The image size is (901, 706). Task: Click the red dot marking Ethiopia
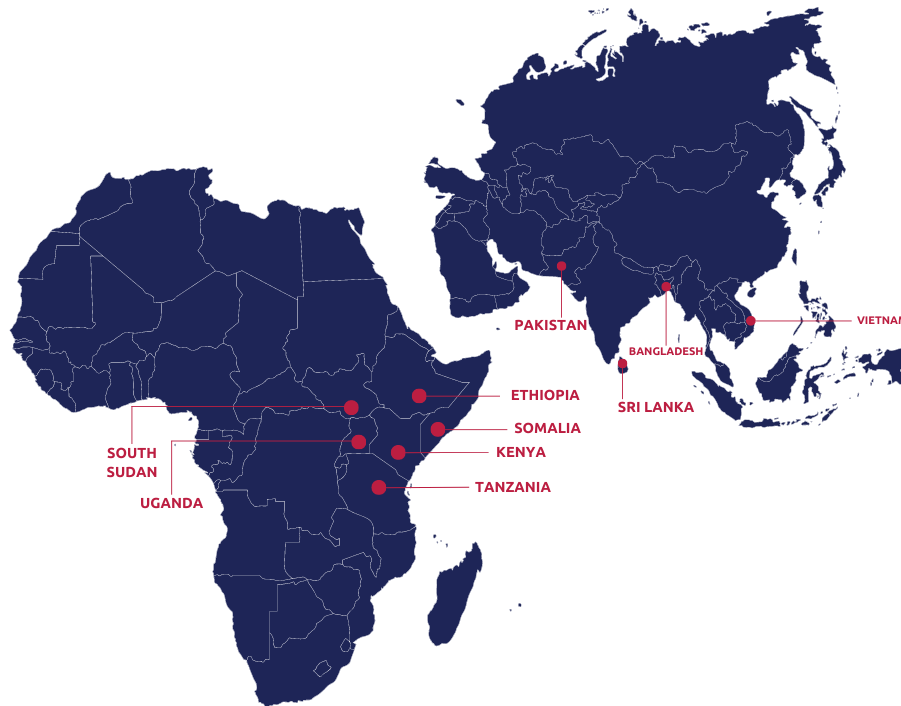coord(419,396)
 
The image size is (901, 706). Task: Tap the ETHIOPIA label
coord(544,395)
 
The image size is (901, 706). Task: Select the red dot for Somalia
coord(438,429)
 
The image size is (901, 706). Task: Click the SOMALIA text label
coord(547,428)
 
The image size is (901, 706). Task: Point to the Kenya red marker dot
coord(398,452)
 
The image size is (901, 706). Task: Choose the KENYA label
coord(521,452)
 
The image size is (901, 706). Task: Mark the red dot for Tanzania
coord(378,487)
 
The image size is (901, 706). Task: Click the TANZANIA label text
coord(512,487)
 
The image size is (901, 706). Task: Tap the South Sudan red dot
coord(351,407)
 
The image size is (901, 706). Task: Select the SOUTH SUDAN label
coord(132,462)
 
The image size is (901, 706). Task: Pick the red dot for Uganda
coord(358,441)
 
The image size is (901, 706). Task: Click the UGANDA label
coord(171,503)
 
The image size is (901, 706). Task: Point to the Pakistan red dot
coord(561,266)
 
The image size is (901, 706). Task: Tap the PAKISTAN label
coord(550,325)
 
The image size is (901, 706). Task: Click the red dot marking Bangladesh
coord(666,288)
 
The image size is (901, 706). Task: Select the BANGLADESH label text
coord(666,352)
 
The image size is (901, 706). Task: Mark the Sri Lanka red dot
coord(622,364)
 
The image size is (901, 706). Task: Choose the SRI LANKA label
coord(655,407)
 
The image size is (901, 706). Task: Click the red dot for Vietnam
coord(751,320)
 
